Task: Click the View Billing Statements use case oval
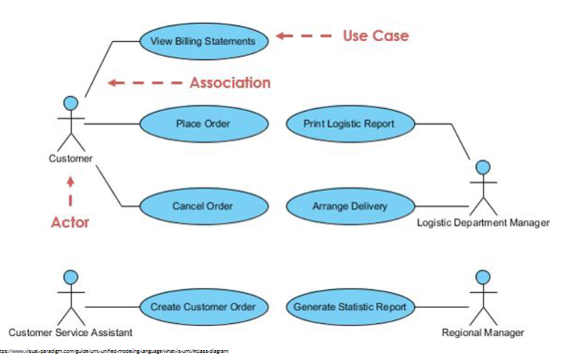pos(204,41)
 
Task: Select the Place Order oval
pos(204,124)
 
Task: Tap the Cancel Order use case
pos(204,207)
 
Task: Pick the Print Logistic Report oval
pos(349,124)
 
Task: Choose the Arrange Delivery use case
pos(349,207)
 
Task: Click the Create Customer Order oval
pos(204,307)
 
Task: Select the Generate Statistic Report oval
pos(349,307)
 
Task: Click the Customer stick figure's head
pos(71,103)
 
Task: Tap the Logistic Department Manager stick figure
pos(483,190)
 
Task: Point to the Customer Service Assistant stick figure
pos(71,297)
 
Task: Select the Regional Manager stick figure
pos(483,297)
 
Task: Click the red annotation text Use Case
pos(375,35)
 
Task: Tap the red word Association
pos(230,83)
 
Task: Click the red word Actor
pos(70,222)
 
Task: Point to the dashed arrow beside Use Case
pos(303,35)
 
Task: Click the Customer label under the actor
pos(71,158)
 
